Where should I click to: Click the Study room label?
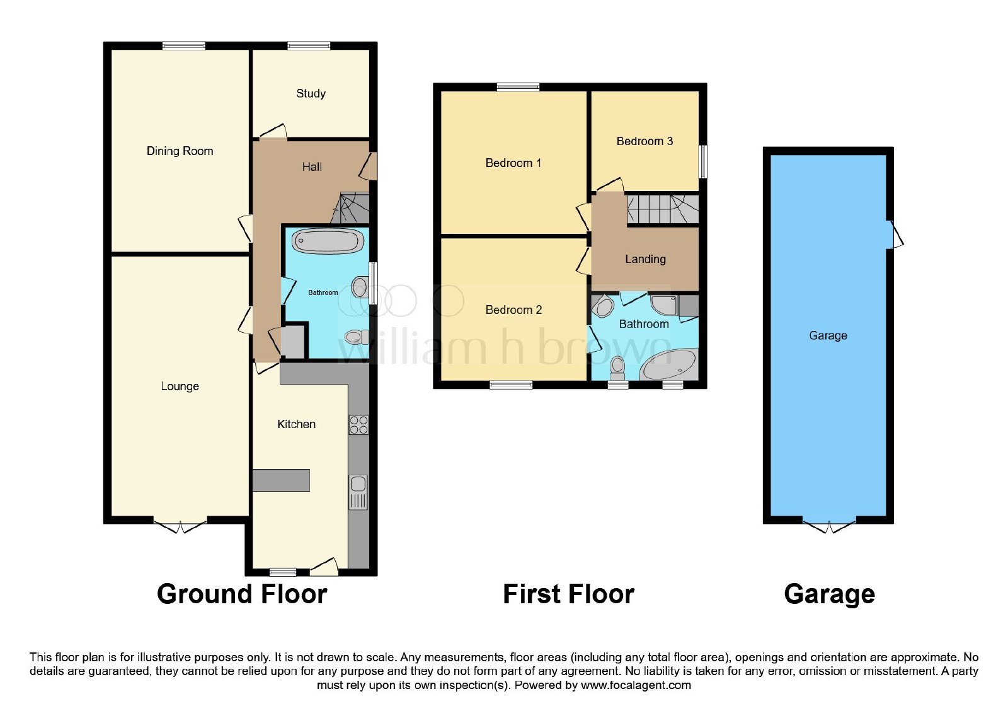pyautogui.click(x=311, y=93)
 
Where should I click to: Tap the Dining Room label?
pyautogui.click(x=180, y=151)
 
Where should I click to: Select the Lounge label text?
pyautogui.click(x=180, y=386)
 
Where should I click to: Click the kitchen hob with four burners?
pyautogui.click(x=358, y=425)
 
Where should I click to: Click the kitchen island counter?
pyautogui.click(x=281, y=480)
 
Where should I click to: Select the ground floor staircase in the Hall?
pyautogui.click(x=350, y=208)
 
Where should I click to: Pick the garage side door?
pyautogui.click(x=895, y=234)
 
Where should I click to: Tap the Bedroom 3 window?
pyautogui.click(x=702, y=161)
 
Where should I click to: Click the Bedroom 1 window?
pyautogui.click(x=518, y=87)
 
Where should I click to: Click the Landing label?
pyautogui.click(x=645, y=259)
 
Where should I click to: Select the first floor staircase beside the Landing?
pyautogui.click(x=663, y=209)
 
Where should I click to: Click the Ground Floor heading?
pyautogui.click(x=242, y=594)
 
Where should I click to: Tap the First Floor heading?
pyautogui.click(x=568, y=594)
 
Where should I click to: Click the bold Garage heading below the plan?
pyautogui.click(x=829, y=594)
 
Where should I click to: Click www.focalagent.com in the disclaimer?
pyautogui.click(x=636, y=685)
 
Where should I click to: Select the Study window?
pyautogui.click(x=309, y=45)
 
